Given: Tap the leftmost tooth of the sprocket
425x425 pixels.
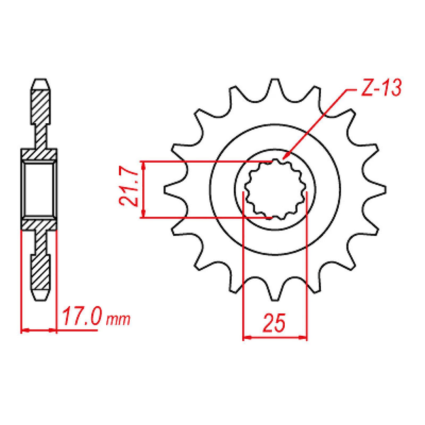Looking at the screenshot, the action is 175,189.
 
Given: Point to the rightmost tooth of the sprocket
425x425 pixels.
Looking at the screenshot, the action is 375,189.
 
